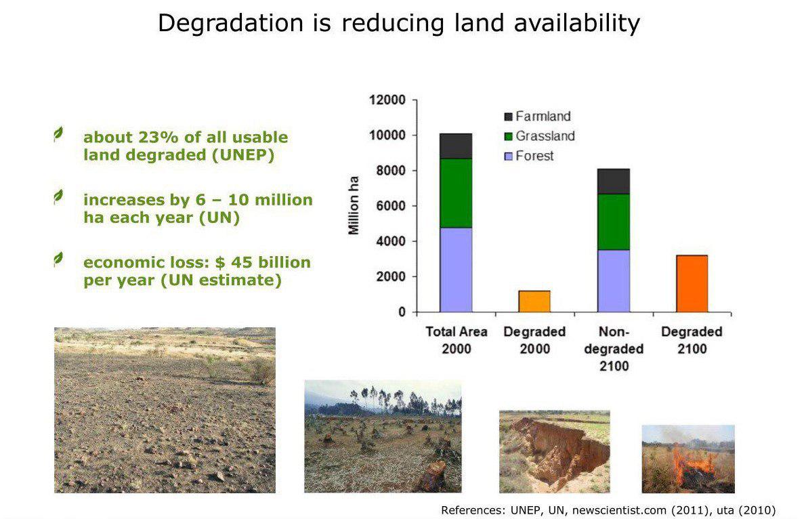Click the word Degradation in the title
click(x=231, y=24)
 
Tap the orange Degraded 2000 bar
click(x=534, y=302)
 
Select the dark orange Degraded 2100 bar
click(x=692, y=284)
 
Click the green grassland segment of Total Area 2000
click(x=456, y=193)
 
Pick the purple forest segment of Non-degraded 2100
click(x=614, y=281)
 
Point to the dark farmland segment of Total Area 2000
click(x=456, y=146)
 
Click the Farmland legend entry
click(x=537, y=117)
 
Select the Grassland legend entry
click(x=539, y=136)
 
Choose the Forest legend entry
click(x=529, y=155)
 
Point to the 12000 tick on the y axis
click(x=387, y=100)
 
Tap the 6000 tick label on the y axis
click(x=391, y=206)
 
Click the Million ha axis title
click(x=354, y=205)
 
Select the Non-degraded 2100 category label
click(x=614, y=349)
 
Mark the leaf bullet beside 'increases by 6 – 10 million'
click(x=58, y=197)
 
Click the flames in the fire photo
click(x=692, y=464)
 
